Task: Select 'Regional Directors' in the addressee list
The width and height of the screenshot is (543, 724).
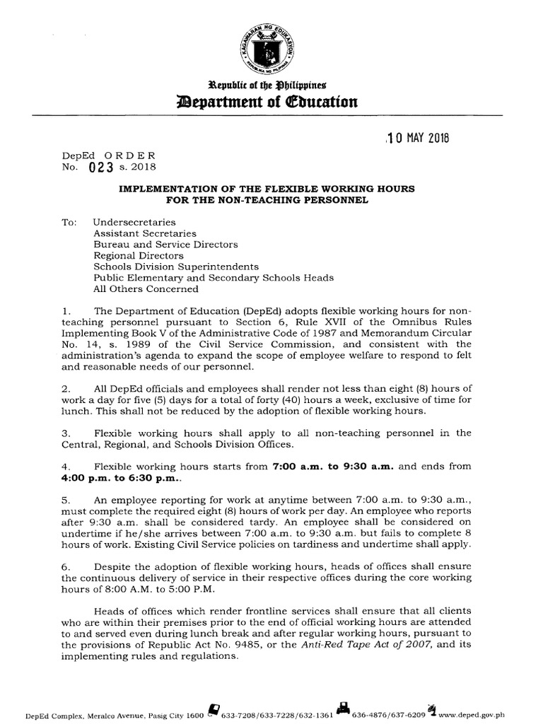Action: pyautogui.click(x=139, y=255)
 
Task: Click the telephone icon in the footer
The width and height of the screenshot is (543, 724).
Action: pyautogui.click(x=212, y=710)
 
